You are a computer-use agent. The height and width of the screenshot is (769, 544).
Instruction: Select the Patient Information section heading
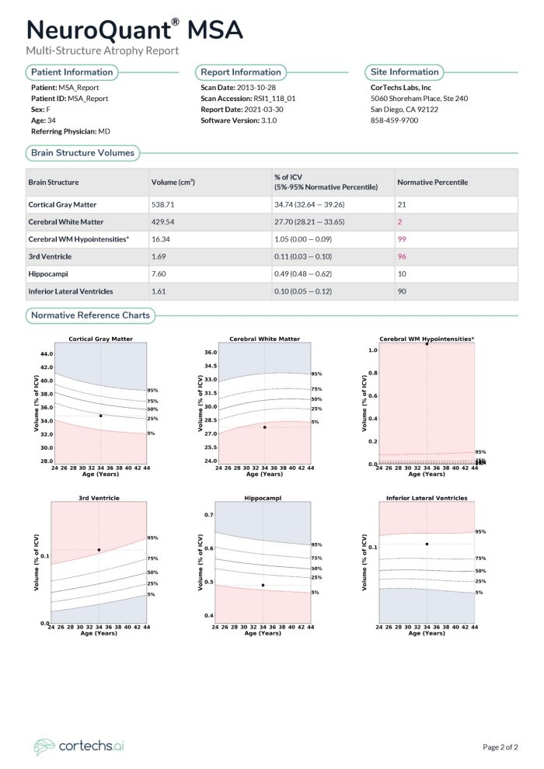[x=71, y=72]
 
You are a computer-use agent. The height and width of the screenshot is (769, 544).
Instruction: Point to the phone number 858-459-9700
[x=394, y=120]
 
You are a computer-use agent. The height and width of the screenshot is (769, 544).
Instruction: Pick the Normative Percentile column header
[x=432, y=183]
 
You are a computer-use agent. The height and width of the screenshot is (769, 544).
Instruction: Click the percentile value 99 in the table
[x=402, y=238]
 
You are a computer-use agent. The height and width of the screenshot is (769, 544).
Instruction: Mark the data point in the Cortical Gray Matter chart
[x=100, y=416]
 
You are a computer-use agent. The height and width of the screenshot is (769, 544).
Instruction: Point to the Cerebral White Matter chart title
[x=264, y=339]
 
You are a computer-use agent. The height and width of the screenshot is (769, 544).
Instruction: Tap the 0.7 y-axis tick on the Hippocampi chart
[x=207, y=515]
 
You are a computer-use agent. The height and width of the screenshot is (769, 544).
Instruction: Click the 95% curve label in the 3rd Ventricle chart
[x=153, y=538]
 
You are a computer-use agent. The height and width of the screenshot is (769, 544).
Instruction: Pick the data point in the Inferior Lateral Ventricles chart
[x=427, y=544]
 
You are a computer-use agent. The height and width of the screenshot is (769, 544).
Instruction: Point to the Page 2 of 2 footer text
[x=500, y=747]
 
